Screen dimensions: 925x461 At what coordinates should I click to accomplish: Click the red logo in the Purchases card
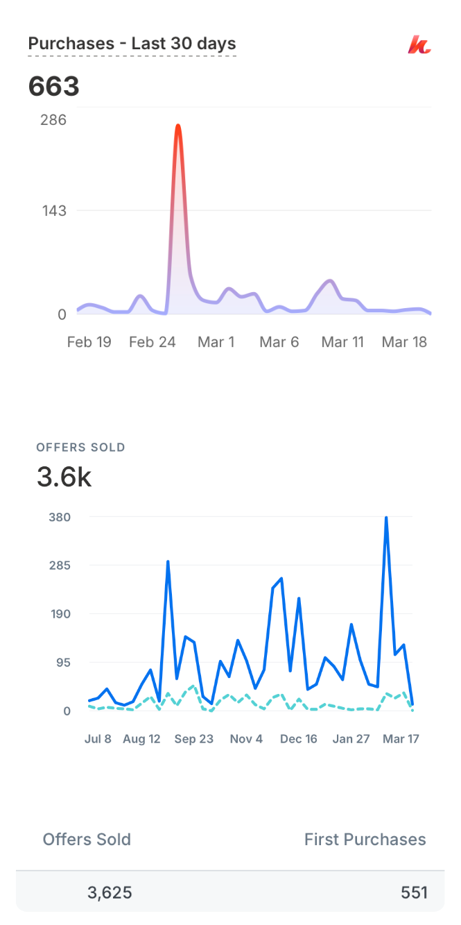(x=419, y=45)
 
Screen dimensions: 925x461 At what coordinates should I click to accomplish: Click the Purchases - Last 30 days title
(x=132, y=44)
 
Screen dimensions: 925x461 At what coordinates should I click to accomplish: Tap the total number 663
(x=54, y=87)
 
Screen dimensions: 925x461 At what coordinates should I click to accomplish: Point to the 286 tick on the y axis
(x=53, y=120)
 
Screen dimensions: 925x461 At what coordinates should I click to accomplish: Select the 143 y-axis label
(x=53, y=210)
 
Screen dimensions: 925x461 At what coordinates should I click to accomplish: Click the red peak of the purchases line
(x=178, y=126)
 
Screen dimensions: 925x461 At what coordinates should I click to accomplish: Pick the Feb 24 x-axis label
(x=153, y=342)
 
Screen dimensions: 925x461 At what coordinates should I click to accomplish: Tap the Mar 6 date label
(x=279, y=342)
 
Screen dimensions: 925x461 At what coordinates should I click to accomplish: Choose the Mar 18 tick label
(x=405, y=342)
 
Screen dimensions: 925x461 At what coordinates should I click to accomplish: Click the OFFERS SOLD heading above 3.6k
(x=81, y=448)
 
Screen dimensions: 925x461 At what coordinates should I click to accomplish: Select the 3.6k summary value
(x=64, y=477)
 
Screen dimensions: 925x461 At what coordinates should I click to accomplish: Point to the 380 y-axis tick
(x=60, y=517)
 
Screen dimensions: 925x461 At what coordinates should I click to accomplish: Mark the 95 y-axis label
(x=62, y=663)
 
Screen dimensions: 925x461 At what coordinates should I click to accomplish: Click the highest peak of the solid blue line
(x=386, y=518)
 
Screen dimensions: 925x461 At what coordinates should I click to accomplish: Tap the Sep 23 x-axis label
(x=194, y=739)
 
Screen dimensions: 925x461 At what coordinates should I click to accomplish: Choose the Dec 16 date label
(x=299, y=739)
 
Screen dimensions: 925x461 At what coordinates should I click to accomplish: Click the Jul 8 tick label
(x=98, y=739)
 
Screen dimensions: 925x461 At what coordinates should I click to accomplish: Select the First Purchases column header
(x=365, y=840)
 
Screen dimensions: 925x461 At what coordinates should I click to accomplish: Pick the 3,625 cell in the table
(x=110, y=892)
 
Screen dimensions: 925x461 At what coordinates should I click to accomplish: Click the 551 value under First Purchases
(x=414, y=892)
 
